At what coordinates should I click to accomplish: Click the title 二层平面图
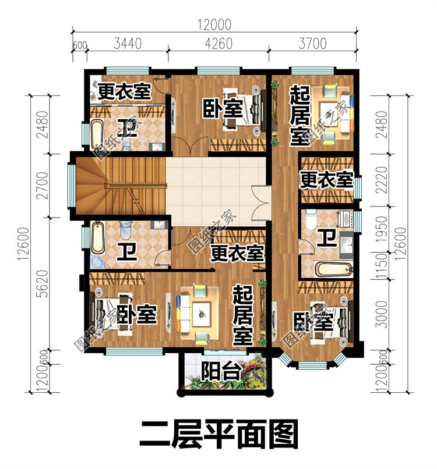218,434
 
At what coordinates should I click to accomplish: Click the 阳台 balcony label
221,371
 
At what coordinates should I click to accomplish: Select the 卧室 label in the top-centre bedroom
223,108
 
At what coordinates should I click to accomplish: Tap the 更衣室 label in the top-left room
124,91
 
